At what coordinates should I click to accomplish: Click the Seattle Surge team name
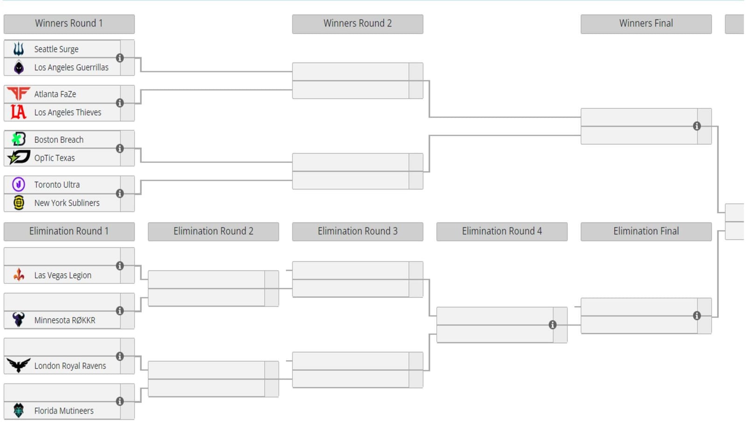point(56,49)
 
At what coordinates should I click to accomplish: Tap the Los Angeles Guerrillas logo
point(19,67)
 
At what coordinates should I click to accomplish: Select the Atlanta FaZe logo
point(19,94)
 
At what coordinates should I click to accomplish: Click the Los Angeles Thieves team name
point(67,112)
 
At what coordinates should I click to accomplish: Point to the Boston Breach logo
point(19,139)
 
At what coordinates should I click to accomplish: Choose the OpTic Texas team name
point(54,158)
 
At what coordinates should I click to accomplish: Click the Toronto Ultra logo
point(19,184)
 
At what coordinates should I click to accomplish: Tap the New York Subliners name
point(67,203)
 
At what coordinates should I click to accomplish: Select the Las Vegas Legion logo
point(19,275)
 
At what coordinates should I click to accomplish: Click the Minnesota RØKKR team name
point(64,320)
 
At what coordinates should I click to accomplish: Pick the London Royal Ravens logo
point(19,365)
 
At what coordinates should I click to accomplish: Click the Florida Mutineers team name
point(63,410)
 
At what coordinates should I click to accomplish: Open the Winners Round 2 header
point(357,23)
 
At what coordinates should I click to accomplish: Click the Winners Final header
point(645,23)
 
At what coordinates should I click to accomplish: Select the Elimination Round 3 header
point(357,231)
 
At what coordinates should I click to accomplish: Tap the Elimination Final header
point(645,231)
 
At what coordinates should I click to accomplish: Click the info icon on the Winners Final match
point(697,126)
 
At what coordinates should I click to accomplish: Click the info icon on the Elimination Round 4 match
point(553,325)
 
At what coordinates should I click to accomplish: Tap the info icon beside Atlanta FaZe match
point(120,103)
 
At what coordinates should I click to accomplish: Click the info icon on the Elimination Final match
point(697,316)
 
